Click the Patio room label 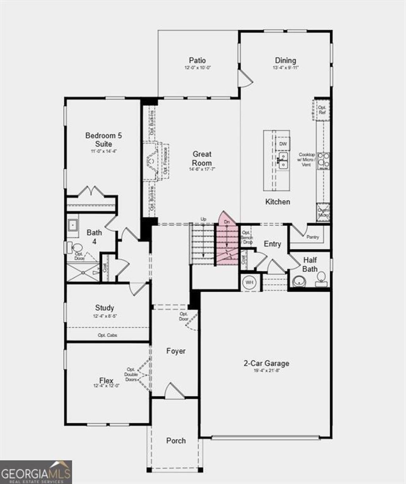pyautogui.click(x=197, y=61)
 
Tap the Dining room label pyautogui.click(x=285, y=61)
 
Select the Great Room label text pyautogui.click(x=202, y=158)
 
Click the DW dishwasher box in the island pyautogui.click(x=283, y=144)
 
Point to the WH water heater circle pyautogui.click(x=249, y=282)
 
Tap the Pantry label pyautogui.click(x=312, y=237)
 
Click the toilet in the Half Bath pyautogui.click(x=321, y=277)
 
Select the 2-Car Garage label pyautogui.click(x=266, y=363)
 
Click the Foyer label pyautogui.click(x=176, y=351)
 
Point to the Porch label pyautogui.click(x=176, y=440)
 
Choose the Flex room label pyautogui.click(x=106, y=381)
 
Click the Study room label pyautogui.click(x=105, y=308)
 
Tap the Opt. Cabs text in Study pyautogui.click(x=107, y=335)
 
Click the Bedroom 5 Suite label pyautogui.click(x=103, y=140)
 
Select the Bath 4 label pyautogui.click(x=94, y=237)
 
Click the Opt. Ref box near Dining pyautogui.click(x=322, y=110)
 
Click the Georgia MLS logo pyautogui.click(x=36, y=472)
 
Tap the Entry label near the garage pyautogui.click(x=272, y=244)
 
